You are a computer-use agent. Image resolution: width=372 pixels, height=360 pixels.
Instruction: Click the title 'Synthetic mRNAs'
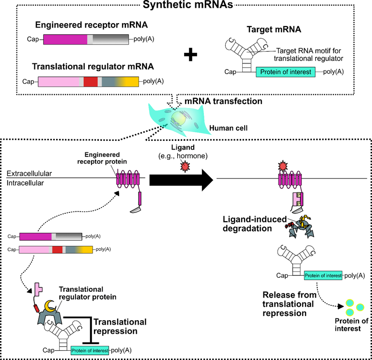pyautogui.click(x=186, y=6)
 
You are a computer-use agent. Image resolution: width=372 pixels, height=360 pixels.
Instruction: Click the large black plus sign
pyautogui.click(x=191, y=55)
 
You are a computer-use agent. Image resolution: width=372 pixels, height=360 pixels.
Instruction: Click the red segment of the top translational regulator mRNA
pyautogui.click(x=91, y=81)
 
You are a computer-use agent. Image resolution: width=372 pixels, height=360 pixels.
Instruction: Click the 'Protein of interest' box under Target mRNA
pyautogui.click(x=286, y=73)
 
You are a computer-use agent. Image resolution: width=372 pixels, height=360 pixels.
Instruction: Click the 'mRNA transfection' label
pyautogui.click(x=223, y=101)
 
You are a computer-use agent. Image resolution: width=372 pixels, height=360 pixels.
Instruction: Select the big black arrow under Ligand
pyautogui.click(x=181, y=179)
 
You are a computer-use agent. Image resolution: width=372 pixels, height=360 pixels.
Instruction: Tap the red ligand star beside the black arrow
pyautogui.click(x=184, y=165)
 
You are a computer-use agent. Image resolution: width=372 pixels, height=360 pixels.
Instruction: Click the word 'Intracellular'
pyautogui.click(x=26, y=183)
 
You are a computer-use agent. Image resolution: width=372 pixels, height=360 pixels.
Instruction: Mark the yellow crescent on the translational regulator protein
pyautogui.click(x=50, y=306)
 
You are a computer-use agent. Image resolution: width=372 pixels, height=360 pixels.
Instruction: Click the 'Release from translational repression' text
pyautogui.click(x=286, y=304)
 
